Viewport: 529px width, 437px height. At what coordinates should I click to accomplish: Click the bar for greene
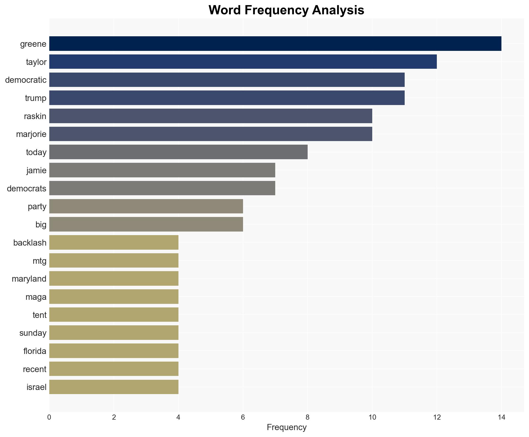pos(275,43)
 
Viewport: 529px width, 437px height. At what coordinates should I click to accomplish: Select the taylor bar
pos(243,62)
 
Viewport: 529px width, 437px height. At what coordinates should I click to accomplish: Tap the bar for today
pos(178,152)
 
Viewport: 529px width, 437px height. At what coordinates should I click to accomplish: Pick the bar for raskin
pos(211,116)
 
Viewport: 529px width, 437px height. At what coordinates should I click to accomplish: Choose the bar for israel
pos(114,387)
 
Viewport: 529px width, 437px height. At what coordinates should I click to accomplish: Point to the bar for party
pos(146,206)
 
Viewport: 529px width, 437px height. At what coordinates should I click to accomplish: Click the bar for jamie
pos(162,170)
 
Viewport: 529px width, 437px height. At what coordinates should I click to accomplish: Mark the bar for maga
pos(114,296)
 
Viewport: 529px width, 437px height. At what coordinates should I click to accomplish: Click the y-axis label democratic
pos(26,80)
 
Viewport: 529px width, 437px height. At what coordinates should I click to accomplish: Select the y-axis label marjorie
pos(31,134)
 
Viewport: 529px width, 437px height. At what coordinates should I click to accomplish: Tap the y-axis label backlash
pos(30,243)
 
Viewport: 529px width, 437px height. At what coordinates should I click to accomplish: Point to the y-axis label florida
pos(35,351)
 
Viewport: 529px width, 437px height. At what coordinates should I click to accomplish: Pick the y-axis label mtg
pos(39,261)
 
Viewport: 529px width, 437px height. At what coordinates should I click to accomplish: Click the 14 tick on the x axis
pos(501,417)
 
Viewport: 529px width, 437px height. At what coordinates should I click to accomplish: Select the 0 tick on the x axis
pos(49,417)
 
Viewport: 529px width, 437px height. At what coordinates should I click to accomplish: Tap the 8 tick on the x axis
pos(308,417)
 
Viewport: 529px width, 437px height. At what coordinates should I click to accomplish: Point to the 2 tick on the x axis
pos(114,417)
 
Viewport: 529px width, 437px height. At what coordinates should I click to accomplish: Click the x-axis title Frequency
pos(286,427)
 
